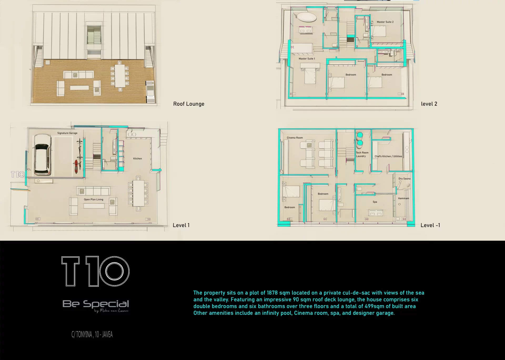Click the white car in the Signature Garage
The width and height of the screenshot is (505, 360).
[42, 155]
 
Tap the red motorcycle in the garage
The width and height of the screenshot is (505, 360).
[76, 166]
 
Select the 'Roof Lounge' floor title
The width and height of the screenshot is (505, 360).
[189, 104]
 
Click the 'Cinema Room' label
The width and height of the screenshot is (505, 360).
[295, 138]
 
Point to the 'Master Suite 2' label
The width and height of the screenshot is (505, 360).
[385, 22]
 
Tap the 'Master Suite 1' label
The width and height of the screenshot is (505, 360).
[307, 59]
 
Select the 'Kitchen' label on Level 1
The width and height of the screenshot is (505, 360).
[137, 158]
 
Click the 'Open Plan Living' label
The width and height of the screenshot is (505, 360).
[93, 199]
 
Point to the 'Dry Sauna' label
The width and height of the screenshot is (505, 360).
[404, 179]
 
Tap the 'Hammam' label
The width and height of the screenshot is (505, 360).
[403, 198]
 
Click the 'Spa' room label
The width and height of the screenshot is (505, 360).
[375, 202]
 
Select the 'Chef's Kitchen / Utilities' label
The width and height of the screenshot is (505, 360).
[388, 156]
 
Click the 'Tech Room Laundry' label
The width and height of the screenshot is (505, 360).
[362, 154]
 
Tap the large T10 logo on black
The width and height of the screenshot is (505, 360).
[95, 271]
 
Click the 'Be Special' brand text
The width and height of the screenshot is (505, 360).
[96, 304]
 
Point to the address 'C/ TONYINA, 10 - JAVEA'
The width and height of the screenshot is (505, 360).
[92, 334]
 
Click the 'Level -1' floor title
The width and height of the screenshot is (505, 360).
[430, 225]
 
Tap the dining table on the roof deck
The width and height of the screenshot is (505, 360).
[120, 76]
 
